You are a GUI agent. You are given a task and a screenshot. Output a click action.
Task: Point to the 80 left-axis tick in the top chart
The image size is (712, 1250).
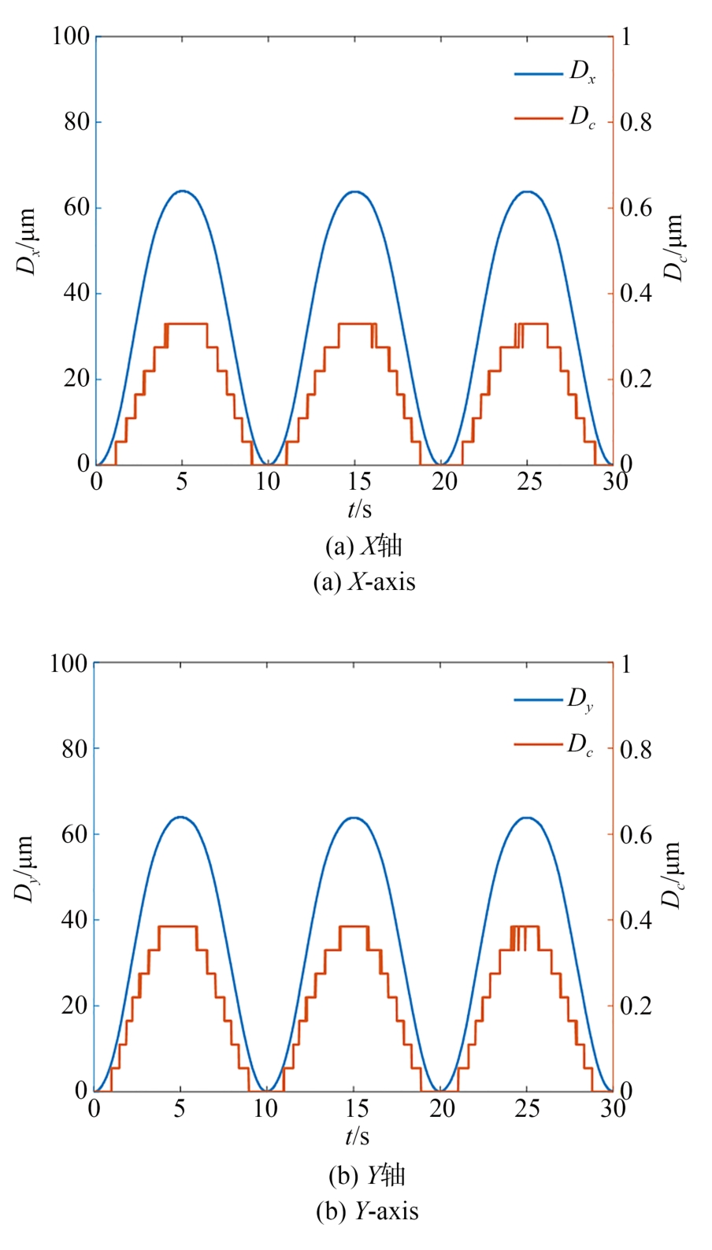point(76,122)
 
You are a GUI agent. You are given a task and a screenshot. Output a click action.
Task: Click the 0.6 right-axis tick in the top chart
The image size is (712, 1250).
point(636,208)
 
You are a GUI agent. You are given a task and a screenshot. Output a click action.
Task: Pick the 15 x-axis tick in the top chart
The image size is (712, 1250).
point(355,481)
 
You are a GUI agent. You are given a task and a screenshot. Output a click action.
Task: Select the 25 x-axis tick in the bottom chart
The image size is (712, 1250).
point(527,1109)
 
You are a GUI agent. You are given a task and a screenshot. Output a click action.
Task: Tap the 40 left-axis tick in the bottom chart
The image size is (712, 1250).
point(75,920)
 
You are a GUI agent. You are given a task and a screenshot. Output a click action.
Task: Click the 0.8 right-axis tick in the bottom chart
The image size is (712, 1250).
point(636,749)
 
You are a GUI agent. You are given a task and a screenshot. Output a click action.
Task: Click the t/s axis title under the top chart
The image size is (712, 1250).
point(360,509)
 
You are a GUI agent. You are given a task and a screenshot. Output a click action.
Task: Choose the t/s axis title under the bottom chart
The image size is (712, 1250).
point(357,1137)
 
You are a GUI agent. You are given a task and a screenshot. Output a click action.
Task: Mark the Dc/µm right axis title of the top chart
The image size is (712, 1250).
point(674,247)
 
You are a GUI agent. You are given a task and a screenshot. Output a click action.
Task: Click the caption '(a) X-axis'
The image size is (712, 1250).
point(364,582)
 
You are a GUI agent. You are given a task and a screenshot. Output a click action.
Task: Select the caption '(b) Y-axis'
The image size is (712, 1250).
point(367,1211)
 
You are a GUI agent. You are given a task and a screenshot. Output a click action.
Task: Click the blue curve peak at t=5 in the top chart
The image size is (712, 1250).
point(182,191)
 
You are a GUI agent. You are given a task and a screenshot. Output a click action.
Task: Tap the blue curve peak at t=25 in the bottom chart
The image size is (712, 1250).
point(526,818)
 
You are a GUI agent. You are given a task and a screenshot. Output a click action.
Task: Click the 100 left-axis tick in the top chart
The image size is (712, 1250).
point(71,36)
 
